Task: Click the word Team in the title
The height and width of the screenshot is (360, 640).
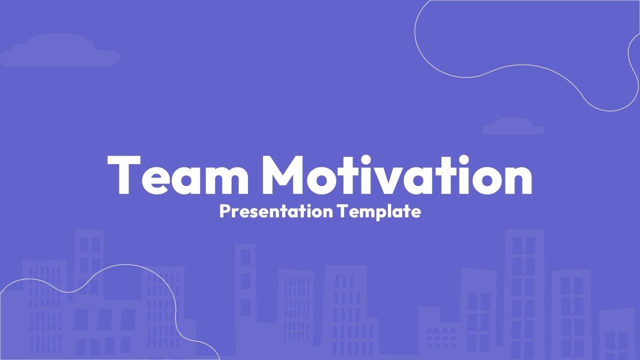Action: [x=177, y=175]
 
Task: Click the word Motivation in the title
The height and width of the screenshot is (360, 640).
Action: [x=397, y=175]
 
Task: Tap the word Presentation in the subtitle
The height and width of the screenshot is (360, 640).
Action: [x=276, y=211]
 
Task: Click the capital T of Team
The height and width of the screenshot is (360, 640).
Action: [x=123, y=175]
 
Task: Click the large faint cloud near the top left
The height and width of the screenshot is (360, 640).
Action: [x=60, y=50]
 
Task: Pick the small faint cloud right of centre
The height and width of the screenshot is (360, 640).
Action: [x=513, y=126]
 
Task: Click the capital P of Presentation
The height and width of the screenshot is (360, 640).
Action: [x=225, y=211]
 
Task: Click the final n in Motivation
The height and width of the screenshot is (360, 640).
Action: [x=517, y=180]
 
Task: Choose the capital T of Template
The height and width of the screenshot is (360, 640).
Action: [x=342, y=211]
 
